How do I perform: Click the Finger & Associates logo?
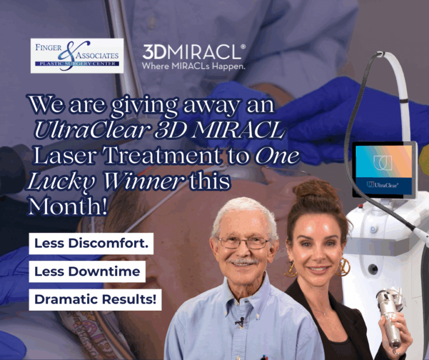click(77, 55)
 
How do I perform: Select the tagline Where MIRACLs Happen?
click(193, 67)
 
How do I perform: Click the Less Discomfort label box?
click(91, 243)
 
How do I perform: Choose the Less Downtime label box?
click(87, 272)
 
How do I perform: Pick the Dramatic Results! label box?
click(95, 300)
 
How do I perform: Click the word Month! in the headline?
click(67, 206)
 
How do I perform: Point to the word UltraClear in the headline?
click(93, 130)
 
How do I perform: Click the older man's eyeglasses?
click(243, 243)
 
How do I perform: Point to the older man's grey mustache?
click(243, 262)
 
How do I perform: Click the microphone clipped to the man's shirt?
click(241, 321)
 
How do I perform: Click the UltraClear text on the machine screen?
click(383, 185)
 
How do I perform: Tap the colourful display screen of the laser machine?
click(384, 170)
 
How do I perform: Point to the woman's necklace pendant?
click(324, 314)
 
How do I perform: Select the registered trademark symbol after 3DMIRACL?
click(243, 47)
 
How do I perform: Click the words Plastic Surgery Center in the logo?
click(78, 64)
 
